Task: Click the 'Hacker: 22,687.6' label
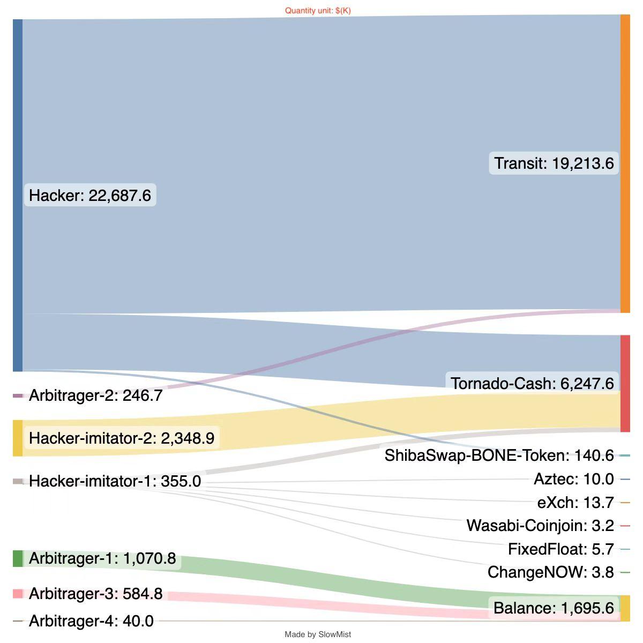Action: pos(90,196)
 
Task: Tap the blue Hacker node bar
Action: pos(18,195)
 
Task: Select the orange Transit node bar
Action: pos(625,163)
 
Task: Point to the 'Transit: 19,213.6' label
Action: pos(554,163)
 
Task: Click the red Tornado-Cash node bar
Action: pos(625,383)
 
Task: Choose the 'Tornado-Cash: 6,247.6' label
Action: pos(532,384)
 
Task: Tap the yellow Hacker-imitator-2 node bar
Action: pos(18,438)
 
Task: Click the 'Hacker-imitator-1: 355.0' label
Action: pos(115,481)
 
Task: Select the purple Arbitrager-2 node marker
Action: pos(18,396)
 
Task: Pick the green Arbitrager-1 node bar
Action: pos(18,558)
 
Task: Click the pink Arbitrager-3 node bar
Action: pos(18,594)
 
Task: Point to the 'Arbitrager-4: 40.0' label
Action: pos(91,621)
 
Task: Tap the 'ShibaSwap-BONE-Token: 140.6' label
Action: pos(499,455)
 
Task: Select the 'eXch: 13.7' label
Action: pos(575,503)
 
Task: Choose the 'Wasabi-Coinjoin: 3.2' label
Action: pos(540,526)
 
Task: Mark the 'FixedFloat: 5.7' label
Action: pos(560,549)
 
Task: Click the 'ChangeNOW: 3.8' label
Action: pos(550,572)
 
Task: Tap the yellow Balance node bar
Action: pos(625,608)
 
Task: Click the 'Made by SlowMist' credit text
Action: pos(318,634)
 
